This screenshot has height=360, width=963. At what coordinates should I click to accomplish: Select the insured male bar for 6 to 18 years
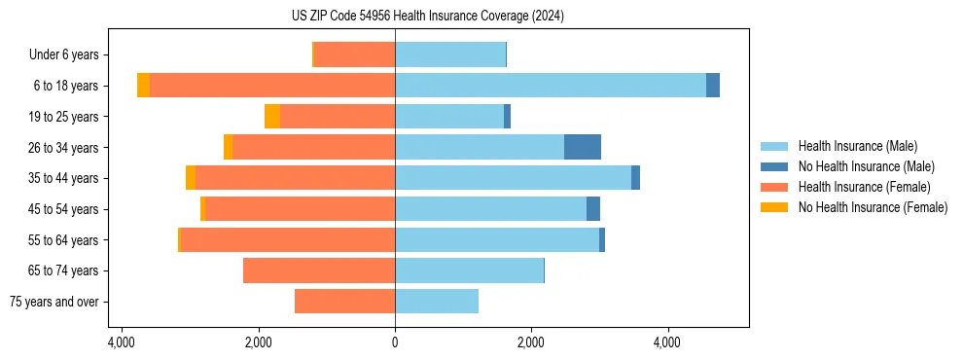point(551,86)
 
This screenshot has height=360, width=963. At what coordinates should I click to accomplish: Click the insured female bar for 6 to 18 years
point(272,86)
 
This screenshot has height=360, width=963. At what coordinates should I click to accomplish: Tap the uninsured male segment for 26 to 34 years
point(583,147)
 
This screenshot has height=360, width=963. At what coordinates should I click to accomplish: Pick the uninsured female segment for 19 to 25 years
point(272,117)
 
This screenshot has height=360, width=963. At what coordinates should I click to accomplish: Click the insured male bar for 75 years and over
point(437,302)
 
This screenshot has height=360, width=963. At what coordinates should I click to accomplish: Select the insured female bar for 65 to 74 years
point(319,270)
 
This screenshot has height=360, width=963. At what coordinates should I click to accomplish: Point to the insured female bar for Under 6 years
point(354,54)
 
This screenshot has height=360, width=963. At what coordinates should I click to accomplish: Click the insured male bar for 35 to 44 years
point(513,178)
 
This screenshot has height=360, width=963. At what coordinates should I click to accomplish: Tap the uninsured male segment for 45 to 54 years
point(593,209)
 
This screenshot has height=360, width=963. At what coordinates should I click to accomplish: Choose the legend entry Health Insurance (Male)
point(857,146)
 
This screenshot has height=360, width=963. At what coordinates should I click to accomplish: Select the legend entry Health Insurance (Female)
point(864,187)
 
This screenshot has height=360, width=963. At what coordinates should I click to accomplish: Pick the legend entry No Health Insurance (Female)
point(873,207)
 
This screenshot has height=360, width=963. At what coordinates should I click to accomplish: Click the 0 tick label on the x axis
point(395,343)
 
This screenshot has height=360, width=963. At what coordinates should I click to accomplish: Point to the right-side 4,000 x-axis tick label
point(667,343)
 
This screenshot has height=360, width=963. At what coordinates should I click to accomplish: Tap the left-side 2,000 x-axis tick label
point(259,343)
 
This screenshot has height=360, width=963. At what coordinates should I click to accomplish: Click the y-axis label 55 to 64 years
point(64,240)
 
